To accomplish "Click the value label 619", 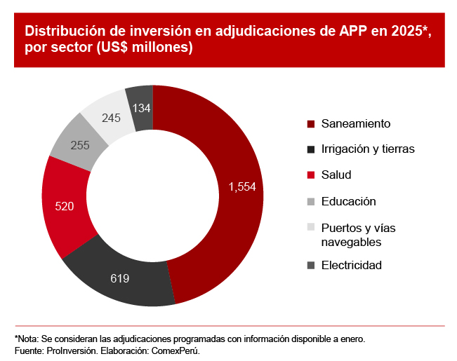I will click(120, 279).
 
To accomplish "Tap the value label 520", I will click(64, 206).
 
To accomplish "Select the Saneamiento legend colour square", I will click(311, 123).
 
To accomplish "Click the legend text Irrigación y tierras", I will click(367, 149).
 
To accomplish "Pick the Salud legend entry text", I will click(336, 175).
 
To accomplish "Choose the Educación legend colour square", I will click(311, 202).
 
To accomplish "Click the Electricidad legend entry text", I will click(351, 266).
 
